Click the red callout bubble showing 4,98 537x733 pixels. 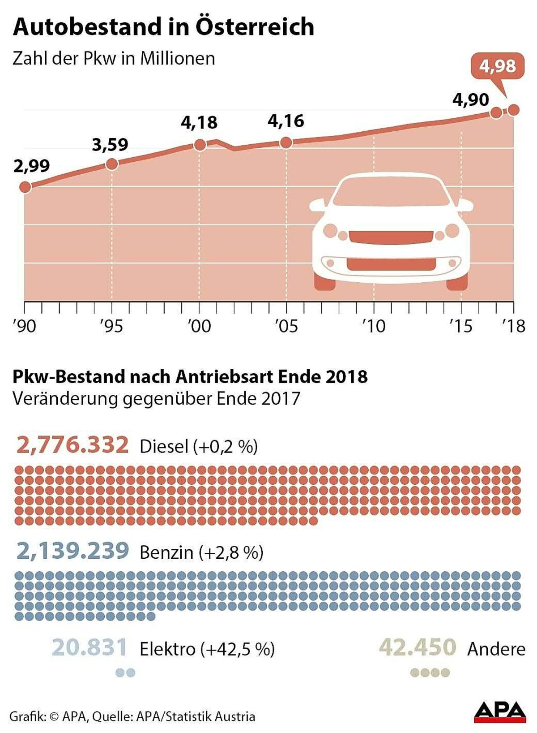pyautogui.click(x=497, y=66)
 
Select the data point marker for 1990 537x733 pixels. pyautogui.click(x=26, y=187)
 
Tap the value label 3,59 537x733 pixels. pyautogui.click(x=110, y=144)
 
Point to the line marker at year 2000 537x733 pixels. pyautogui.click(x=200, y=145)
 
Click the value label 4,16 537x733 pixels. pyautogui.click(x=286, y=121)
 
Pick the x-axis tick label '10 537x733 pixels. pyautogui.click(x=374, y=326)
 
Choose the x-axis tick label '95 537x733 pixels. pyautogui.click(x=111, y=326)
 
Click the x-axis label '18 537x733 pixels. pyautogui.click(x=513, y=326)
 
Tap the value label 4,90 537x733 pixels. pyautogui.click(x=471, y=99)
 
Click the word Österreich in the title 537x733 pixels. pyautogui.click(x=255, y=27)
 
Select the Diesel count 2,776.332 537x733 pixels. pyautogui.click(x=72, y=445)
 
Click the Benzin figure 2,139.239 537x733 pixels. pyautogui.click(x=72, y=551)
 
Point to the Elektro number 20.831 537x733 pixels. pyautogui.click(x=89, y=648)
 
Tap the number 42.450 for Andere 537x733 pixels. pyautogui.click(x=418, y=648)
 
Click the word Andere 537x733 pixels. pyautogui.click(x=496, y=649)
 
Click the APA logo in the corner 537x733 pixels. pyautogui.click(x=500, y=711)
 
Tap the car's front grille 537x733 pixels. pyautogui.click(x=391, y=237)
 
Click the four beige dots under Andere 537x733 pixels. pyautogui.click(x=430, y=673)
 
